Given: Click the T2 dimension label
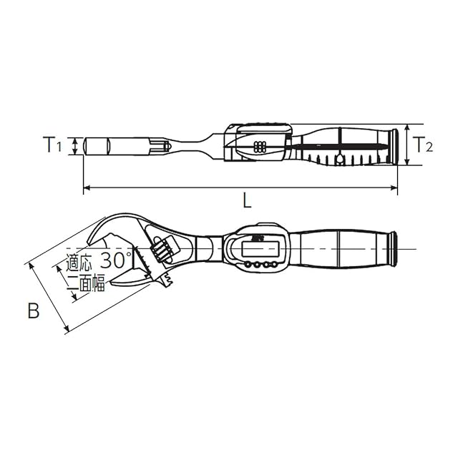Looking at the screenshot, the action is pyautogui.click(x=423, y=145).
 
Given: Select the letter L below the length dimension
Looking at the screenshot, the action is pyautogui.click(x=247, y=201).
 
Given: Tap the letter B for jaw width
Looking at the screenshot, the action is pyautogui.click(x=34, y=311).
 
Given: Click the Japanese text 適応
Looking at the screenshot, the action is pyautogui.click(x=79, y=263).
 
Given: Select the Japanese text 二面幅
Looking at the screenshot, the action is pyautogui.click(x=86, y=283).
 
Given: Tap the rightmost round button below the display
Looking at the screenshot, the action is pyautogui.click(x=273, y=265).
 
